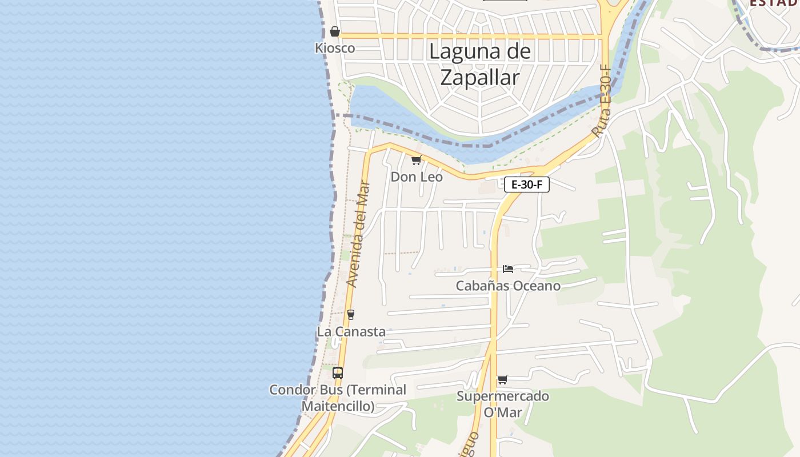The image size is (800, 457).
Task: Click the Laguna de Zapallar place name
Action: click(480, 64)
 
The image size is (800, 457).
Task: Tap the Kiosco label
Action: click(335, 48)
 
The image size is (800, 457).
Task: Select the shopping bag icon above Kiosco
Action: click(335, 31)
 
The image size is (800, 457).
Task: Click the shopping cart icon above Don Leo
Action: click(416, 161)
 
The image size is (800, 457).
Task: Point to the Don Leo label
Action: click(417, 177)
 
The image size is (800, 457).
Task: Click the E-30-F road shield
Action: click(526, 185)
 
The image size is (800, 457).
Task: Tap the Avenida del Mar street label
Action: click(359, 234)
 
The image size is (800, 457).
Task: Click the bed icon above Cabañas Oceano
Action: click(508, 268)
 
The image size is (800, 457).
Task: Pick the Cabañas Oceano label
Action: click(508, 286)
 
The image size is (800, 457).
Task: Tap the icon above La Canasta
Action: click(351, 315)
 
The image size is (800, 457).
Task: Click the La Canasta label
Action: click(351, 331)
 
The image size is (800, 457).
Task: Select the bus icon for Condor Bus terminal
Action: click(338, 373)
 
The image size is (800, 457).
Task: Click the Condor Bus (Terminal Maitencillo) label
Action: click(338, 398)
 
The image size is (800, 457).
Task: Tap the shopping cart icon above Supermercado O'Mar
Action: click(503, 379)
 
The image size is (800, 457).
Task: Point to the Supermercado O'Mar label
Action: click(503, 403)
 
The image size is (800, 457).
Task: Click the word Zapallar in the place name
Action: click(480, 77)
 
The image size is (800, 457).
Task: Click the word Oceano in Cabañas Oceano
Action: click(535, 286)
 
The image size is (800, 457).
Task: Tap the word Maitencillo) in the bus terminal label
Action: click(338, 406)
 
